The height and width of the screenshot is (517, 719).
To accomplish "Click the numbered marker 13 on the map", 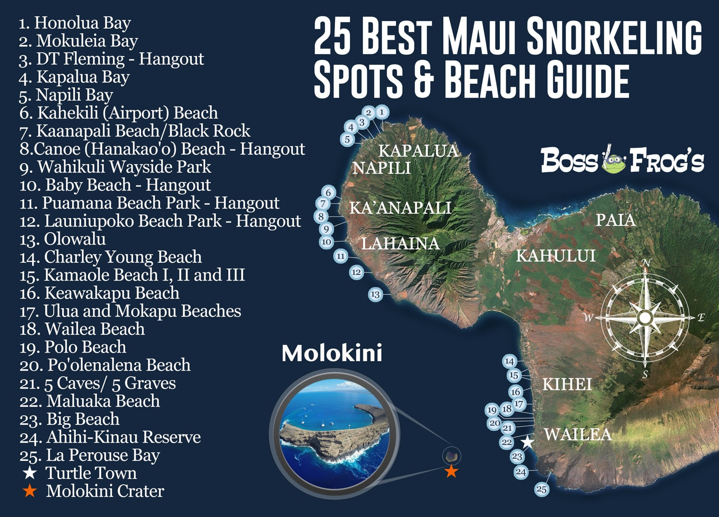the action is [x=375, y=294].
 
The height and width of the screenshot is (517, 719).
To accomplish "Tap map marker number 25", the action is [x=542, y=489].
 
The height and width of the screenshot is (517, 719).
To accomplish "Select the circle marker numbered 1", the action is [x=382, y=112].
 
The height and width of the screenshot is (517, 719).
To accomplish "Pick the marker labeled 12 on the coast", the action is [x=356, y=272].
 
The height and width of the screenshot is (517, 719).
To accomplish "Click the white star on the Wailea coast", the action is [x=528, y=442].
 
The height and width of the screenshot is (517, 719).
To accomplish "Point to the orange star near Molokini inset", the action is [x=451, y=471].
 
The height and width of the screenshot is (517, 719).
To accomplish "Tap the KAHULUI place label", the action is [x=556, y=256].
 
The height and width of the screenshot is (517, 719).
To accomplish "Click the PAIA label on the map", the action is [x=615, y=220].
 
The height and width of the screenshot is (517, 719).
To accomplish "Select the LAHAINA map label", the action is [x=400, y=244].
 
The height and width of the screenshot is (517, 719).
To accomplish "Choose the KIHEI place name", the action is [x=567, y=384].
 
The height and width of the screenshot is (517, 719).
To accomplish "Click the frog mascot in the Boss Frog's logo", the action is [x=614, y=162].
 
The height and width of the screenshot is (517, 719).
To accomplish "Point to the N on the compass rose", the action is [x=646, y=263].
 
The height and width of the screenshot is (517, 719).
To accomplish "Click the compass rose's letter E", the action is [x=701, y=317].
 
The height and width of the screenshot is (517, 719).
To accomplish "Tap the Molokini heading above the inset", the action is [x=332, y=353].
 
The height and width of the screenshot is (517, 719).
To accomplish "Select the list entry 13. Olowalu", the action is [x=63, y=239].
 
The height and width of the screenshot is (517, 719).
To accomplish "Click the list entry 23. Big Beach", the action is [x=70, y=419].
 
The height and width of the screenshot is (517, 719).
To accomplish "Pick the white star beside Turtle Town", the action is [x=30, y=473].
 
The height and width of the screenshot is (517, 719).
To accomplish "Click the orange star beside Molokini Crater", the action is [x=30, y=491].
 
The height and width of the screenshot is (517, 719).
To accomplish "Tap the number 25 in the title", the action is [x=333, y=36].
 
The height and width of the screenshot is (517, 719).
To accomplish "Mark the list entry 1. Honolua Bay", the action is [x=75, y=23].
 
